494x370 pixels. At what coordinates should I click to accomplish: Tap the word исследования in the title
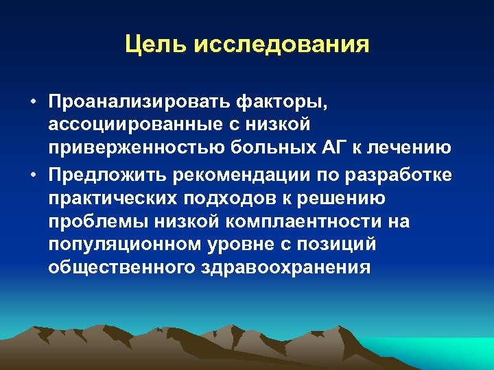(x=281, y=45)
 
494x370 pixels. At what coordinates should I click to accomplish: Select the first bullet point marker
(x=33, y=103)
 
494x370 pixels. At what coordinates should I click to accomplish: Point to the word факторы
(x=282, y=103)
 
